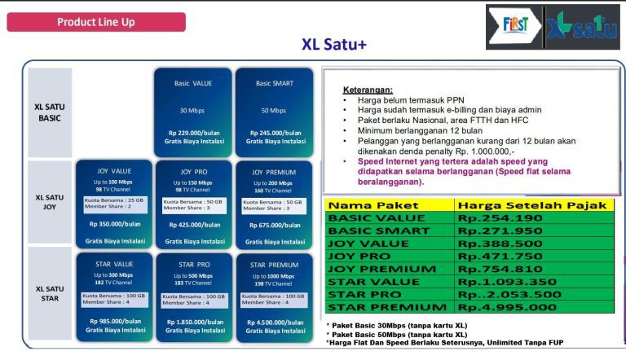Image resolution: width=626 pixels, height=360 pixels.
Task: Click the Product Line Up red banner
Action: point(96,22)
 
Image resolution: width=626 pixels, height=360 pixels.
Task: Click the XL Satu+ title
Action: point(333,44)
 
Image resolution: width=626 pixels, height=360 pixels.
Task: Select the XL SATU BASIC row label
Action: point(50,112)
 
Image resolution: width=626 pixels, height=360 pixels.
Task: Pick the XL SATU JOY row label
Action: point(50,203)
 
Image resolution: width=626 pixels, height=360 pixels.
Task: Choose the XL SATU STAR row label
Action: point(50,294)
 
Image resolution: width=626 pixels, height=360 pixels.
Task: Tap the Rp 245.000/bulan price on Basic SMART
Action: point(274,133)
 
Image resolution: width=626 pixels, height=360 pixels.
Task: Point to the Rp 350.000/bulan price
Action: point(115,223)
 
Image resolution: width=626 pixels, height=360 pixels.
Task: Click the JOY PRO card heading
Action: point(193,172)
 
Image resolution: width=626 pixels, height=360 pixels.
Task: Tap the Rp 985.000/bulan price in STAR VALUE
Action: point(115,320)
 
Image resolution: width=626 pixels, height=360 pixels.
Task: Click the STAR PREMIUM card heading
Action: point(274,265)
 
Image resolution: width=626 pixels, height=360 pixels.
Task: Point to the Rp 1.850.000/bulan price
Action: point(193,321)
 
